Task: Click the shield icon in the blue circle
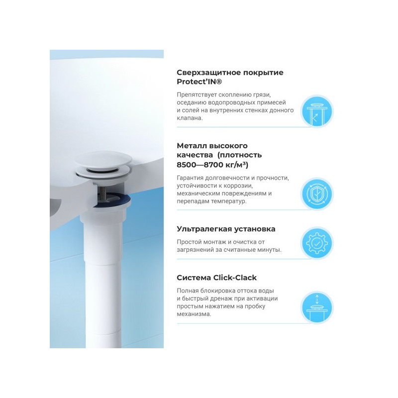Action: pos(316,194)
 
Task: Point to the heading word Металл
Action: pos(192,145)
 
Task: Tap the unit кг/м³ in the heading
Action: pos(236,164)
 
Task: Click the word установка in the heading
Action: pos(253,229)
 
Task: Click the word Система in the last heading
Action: pos(194,278)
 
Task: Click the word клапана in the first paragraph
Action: pos(190,118)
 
